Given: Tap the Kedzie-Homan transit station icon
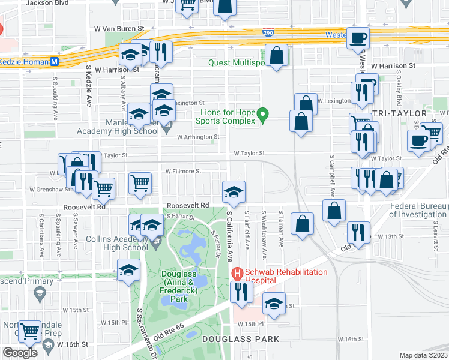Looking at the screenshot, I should click(54, 61).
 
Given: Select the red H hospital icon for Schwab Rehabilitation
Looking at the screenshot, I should click(237, 272).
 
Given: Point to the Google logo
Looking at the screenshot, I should click(20, 353).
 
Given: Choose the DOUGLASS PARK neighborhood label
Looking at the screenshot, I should click(240, 339).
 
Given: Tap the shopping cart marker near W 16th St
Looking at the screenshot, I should click(29, 331).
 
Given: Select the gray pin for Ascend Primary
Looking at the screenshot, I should click(40, 293).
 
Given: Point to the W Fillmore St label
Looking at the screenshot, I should click(184, 171).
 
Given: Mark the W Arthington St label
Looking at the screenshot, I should click(197, 137).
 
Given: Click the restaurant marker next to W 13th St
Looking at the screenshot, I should click(358, 233).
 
